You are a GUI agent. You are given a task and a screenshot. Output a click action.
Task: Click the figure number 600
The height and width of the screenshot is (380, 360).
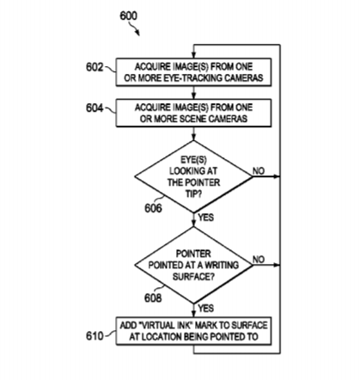[128, 15]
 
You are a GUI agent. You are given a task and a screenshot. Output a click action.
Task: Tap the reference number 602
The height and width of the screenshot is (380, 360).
[95, 67]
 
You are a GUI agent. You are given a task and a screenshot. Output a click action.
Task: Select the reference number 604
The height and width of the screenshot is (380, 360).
[95, 108]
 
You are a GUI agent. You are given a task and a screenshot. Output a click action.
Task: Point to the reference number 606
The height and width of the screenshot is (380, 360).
[153, 208]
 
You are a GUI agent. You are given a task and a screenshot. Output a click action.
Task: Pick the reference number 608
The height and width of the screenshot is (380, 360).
[153, 298]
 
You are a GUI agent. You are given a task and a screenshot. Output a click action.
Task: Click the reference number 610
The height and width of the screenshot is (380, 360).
[95, 336]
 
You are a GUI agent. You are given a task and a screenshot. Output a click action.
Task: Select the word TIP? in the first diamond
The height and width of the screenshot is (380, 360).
[193, 194]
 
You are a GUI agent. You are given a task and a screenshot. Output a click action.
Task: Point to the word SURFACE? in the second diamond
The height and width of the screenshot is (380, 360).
[193, 277]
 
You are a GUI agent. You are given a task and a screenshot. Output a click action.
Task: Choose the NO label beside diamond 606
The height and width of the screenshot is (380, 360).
[259, 171]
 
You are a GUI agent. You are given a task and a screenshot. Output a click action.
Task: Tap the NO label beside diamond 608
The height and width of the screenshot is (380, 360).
[259, 260]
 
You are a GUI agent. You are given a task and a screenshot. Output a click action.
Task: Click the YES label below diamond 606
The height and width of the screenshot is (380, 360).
[205, 218]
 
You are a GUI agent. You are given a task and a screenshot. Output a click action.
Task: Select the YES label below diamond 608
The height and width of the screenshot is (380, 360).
[205, 308]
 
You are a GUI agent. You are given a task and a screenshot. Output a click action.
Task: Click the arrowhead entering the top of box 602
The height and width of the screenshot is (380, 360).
[193, 56]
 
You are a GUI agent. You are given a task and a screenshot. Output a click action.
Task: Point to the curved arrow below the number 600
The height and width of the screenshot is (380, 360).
[134, 28]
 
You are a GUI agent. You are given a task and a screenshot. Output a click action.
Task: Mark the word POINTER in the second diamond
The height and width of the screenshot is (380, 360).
[193, 254]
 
